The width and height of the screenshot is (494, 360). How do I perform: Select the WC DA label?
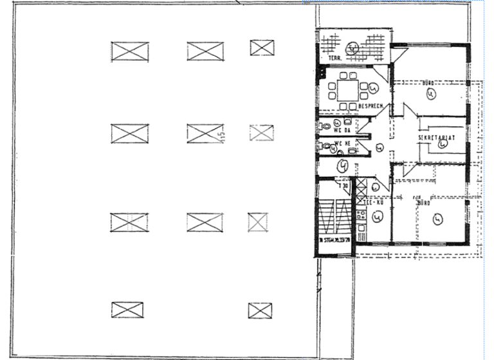click(x=340, y=130)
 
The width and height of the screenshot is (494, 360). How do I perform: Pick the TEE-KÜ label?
click(x=375, y=203)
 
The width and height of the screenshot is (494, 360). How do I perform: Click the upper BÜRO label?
click(x=426, y=84)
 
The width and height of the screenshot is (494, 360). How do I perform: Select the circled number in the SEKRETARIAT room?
click(x=443, y=145)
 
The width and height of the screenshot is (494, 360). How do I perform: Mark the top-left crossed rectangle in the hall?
click(x=129, y=51)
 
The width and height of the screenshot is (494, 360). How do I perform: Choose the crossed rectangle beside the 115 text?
click(x=205, y=134)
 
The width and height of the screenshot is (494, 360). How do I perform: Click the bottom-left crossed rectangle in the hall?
click(x=127, y=310)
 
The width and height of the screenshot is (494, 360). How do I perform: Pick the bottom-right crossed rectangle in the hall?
click(x=260, y=310)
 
